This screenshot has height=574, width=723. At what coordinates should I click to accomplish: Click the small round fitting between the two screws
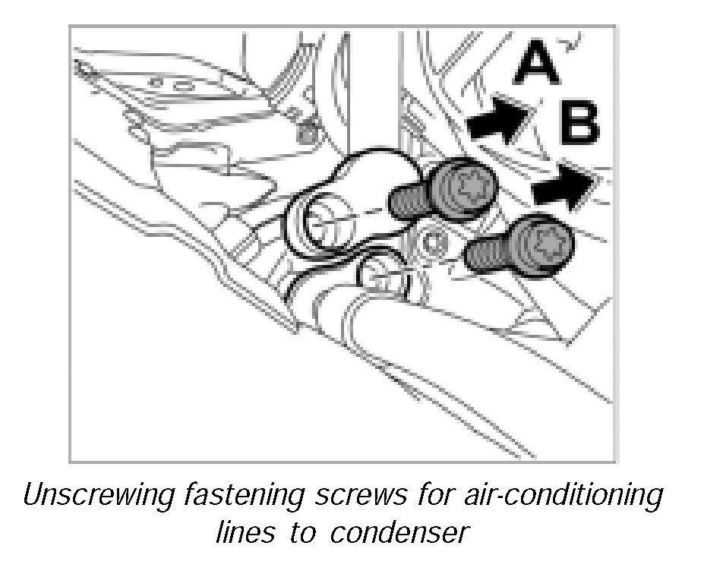[435, 244]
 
